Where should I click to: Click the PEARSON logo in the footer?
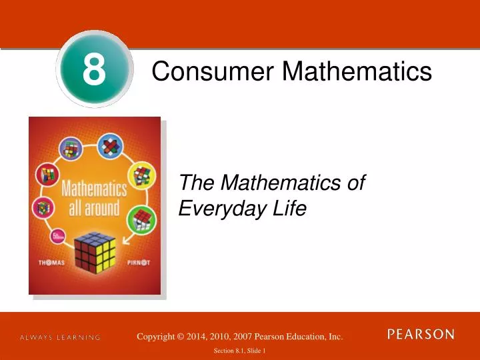coord(421,334)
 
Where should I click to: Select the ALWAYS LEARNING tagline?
coord(60,338)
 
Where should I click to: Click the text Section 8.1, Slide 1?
coord(240,351)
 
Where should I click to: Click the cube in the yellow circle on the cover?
coord(141,175)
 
